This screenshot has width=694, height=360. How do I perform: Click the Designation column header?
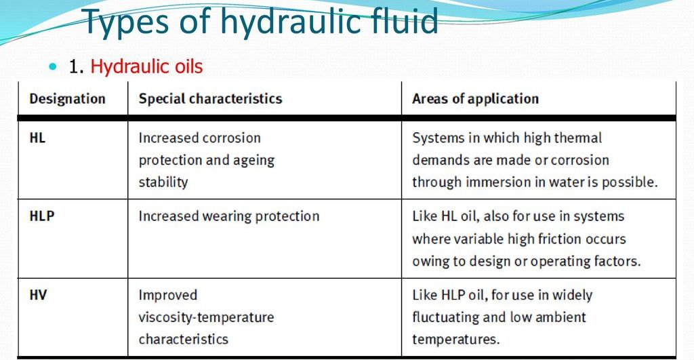tap(67, 99)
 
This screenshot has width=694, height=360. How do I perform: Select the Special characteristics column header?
tap(210, 99)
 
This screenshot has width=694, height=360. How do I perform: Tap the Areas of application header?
tap(475, 99)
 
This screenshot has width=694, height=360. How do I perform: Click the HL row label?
tap(38, 138)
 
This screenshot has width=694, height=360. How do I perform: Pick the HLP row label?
tap(42, 216)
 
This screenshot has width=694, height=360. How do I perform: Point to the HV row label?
tap(38, 295)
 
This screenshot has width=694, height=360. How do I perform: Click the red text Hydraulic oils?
tap(146, 66)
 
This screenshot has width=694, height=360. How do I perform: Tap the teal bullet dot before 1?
tap(54, 67)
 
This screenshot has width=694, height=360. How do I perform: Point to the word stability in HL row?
tap(163, 182)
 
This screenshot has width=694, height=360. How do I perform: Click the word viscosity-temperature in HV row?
tap(206, 317)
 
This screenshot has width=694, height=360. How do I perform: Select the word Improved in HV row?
tap(168, 295)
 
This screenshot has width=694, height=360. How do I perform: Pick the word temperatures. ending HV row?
tap(455, 339)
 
